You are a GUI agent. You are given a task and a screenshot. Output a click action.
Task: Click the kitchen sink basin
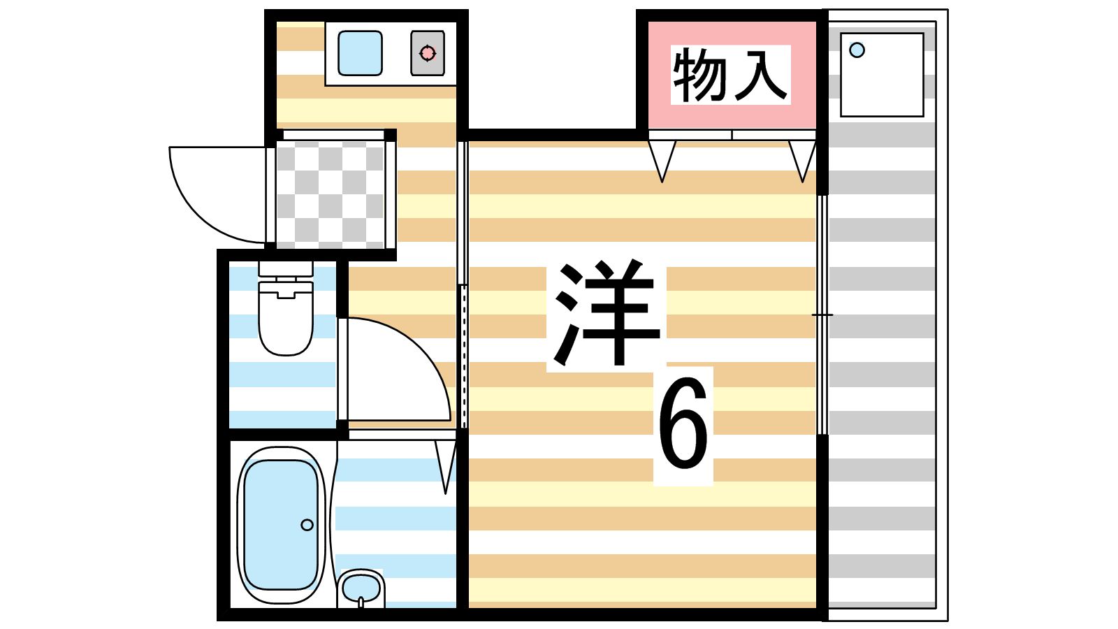click(x=360, y=53)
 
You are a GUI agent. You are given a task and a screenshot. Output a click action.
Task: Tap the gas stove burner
click(x=428, y=53)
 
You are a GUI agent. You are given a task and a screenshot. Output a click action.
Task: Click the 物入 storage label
click(x=730, y=75)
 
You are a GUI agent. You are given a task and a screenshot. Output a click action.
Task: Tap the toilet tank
click(x=285, y=268)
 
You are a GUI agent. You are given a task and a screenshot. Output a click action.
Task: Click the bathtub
click(x=281, y=524)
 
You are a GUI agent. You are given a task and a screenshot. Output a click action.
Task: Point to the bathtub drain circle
click(x=307, y=524)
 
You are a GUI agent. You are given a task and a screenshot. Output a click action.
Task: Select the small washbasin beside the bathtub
click(x=361, y=588)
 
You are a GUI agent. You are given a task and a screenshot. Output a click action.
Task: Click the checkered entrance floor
click(x=330, y=194)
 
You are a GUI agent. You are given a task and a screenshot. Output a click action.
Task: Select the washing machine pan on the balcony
click(x=882, y=75)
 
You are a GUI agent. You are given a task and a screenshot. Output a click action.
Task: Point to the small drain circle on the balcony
click(x=857, y=50)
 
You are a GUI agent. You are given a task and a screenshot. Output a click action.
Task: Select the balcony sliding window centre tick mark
click(x=822, y=315)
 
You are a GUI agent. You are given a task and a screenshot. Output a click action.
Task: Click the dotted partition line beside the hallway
click(x=463, y=356)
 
